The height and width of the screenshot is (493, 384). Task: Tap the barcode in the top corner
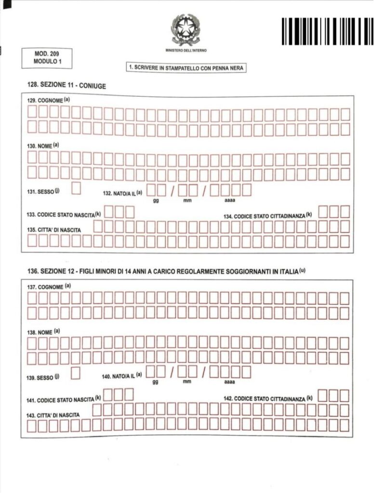328,31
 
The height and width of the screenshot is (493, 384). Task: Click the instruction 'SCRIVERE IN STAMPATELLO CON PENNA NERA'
186,68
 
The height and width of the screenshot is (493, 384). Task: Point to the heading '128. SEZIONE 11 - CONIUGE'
66,86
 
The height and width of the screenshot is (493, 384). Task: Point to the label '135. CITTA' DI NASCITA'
54,230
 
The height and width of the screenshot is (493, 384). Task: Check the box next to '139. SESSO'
75,373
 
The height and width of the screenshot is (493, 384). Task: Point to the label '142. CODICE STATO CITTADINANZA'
268,399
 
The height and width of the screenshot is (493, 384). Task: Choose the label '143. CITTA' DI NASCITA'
53,415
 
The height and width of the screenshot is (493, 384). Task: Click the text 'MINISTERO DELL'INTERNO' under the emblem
185,50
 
